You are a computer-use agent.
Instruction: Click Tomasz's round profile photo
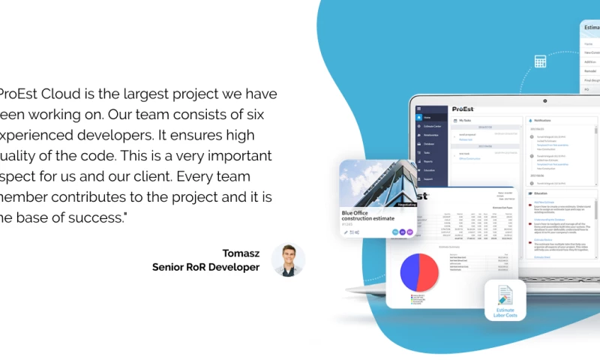pos(288,259)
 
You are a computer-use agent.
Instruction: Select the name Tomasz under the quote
pos(241,253)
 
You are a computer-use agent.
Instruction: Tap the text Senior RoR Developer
pos(205,267)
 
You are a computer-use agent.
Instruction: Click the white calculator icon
pos(540,61)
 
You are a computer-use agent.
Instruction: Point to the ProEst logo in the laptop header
pos(462,109)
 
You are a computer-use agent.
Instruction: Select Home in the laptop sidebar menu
pos(427,118)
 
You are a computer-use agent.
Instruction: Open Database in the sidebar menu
pos(430,142)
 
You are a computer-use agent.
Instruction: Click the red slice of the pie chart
pos(430,271)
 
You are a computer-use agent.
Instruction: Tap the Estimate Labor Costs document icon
pos(505,296)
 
